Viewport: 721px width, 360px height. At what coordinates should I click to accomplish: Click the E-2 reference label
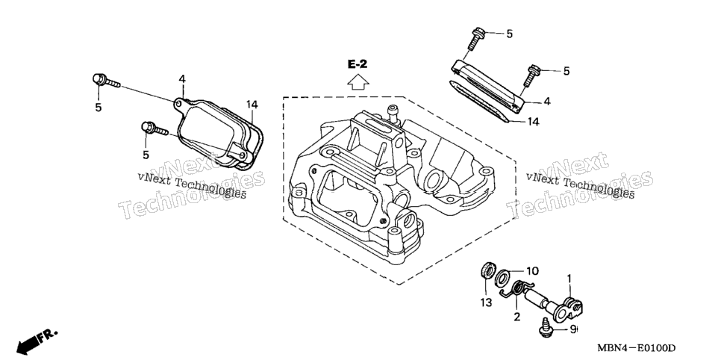click(x=358, y=64)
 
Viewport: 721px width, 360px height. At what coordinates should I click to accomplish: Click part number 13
click(x=486, y=302)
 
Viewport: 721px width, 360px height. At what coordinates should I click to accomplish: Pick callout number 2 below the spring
click(x=516, y=317)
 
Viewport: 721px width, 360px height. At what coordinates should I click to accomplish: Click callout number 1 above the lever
click(x=569, y=279)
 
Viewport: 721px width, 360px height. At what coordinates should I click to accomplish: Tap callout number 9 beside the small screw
click(x=573, y=329)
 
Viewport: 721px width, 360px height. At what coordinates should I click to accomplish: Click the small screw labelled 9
click(x=546, y=327)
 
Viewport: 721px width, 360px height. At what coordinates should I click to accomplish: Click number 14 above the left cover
click(x=252, y=105)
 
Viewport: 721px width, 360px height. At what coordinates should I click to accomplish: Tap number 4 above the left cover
click(x=182, y=79)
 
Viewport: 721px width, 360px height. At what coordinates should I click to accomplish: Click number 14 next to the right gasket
click(x=532, y=122)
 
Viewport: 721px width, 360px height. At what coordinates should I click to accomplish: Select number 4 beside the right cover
click(x=547, y=102)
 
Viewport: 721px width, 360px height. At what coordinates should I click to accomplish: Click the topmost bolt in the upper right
click(x=475, y=39)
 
